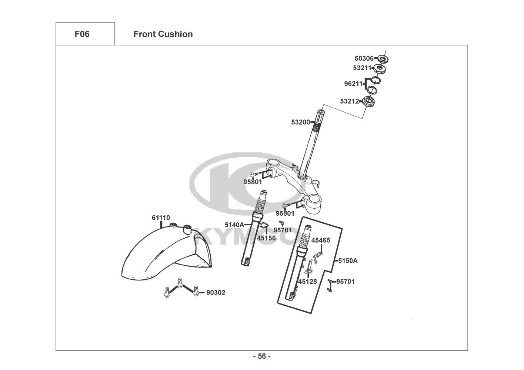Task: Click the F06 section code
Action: pos(82,34)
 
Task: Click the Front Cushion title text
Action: pos(163,34)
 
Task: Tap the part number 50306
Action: pos(364,58)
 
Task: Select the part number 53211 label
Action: pos(362,68)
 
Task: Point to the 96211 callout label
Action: pos(353,84)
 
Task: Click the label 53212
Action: pos(349,101)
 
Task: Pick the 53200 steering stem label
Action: pos(300,122)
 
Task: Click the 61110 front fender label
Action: pos(161,218)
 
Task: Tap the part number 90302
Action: pos(216,293)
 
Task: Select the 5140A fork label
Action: pos(234,225)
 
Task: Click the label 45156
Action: pos(266,238)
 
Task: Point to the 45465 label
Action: pos(320,240)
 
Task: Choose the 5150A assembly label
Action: pos(348,260)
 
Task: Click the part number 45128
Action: pos(307,282)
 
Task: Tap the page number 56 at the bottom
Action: pos(262,357)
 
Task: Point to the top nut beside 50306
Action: pos(383,59)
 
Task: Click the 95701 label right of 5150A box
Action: pos(345,282)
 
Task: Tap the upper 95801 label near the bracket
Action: pos(253,182)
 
